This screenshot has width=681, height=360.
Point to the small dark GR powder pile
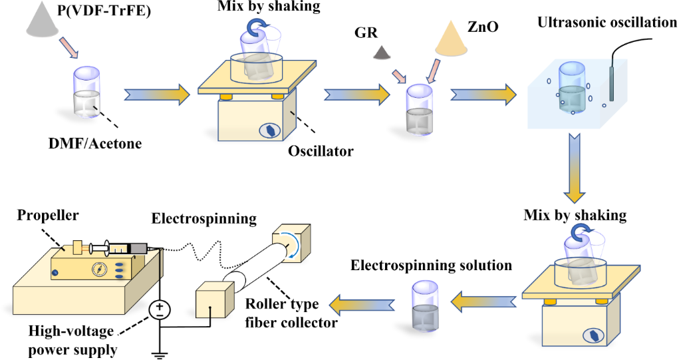pyautogui.click(x=382, y=53)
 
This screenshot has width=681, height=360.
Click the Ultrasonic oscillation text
pyautogui.click(x=607, y=23)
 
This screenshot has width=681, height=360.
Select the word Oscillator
pyautogui.click(x=321, y=151)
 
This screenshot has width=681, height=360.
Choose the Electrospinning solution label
pyautogui.click(x=432, y=266)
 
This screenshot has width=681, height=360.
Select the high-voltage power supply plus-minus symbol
pyautogui.click(x=160, y=309)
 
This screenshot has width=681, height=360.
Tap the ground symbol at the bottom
pyautogui.click(x=160, y=352)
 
